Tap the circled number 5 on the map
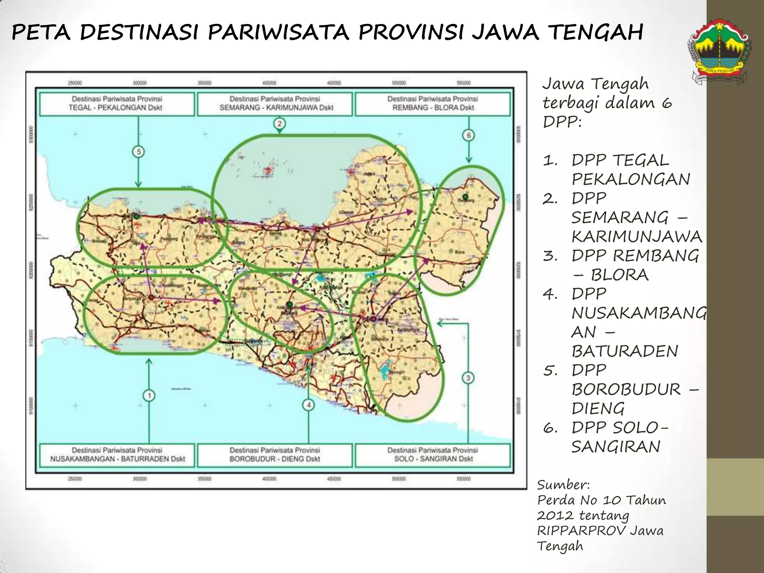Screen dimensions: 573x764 (x=138, y=152)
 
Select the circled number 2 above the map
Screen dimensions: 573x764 (x=279, y=123)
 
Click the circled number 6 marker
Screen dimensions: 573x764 (x=469, y=135)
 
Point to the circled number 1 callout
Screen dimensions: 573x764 (x=149, y=395)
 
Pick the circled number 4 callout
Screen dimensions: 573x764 (x=309, y=405)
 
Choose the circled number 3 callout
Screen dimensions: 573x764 (x=468, y=378)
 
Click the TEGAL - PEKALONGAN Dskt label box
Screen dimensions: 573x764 (x=117, y=104)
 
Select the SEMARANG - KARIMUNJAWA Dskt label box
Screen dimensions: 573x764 (x=275, y=104)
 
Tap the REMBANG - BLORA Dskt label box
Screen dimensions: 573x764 (x=432, y=104)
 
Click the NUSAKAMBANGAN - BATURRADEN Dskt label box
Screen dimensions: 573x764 (x=117, y=455)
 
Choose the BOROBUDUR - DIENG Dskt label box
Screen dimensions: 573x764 (x=275, y=455)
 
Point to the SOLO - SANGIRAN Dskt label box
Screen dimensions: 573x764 (x=432, y=455)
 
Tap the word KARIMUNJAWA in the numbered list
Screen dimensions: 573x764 (x=636, y=237)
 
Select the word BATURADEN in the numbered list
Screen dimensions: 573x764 (x=624, y=351)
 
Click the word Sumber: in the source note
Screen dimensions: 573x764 (x=563, y=485)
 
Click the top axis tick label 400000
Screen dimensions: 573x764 (x=269, y=83)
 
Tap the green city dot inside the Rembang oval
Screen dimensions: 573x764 (x=465, y=196)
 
